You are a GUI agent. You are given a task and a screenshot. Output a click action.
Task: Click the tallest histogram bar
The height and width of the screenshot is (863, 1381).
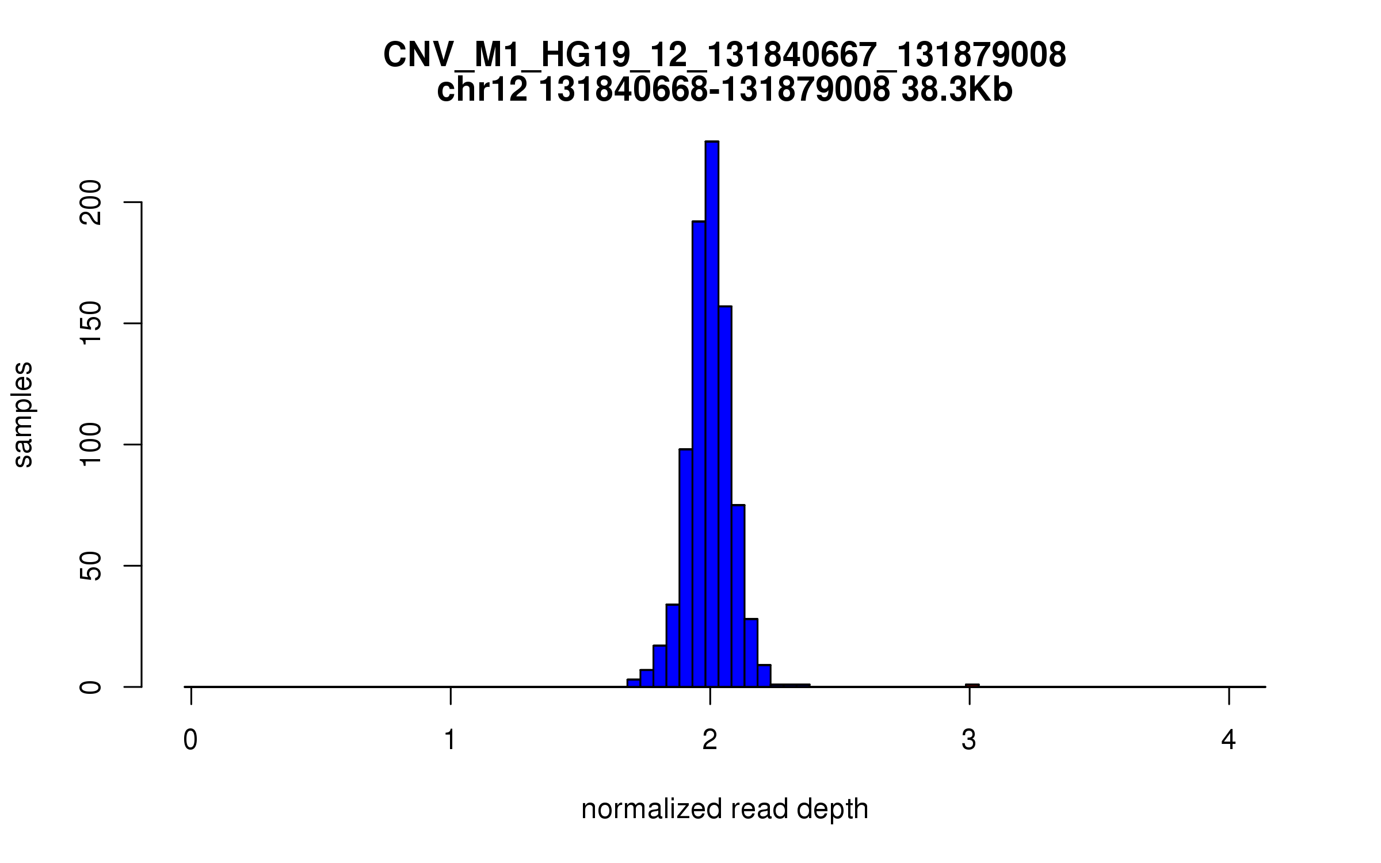(x=712, y=414)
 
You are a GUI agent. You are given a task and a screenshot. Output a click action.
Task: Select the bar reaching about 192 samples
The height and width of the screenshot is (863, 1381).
(x=699, y=455)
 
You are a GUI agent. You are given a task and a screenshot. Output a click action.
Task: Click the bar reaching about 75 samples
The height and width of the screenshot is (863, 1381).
(x=738, y=595)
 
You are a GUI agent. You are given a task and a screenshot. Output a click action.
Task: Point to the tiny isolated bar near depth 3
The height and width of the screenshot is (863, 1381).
(x=972, y=685)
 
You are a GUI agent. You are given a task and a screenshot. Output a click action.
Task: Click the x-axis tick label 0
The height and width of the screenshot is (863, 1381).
(x=190, y=740)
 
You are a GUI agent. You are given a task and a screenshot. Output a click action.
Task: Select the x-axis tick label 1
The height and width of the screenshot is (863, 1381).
(x=450, y=740)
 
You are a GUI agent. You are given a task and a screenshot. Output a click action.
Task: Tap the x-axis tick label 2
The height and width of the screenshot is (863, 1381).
(x=710, y=740)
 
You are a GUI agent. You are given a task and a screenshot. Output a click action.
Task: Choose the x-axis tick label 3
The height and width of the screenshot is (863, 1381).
(x=969, y=740)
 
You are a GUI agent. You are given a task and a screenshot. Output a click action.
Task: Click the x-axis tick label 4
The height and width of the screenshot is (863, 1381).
(x=1229, y=740)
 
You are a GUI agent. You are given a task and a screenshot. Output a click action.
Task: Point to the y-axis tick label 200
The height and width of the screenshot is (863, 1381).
(x=91, y=203)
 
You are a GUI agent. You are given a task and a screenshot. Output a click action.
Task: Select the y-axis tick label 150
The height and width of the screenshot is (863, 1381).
(x=91, y=323)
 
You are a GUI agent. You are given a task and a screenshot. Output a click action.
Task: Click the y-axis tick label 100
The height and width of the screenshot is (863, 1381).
(x=91, y=445)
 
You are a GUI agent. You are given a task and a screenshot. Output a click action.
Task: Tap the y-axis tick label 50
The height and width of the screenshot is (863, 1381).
(x=91, y=566)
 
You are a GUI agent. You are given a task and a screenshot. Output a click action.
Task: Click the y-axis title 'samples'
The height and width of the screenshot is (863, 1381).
(x=23, y=414)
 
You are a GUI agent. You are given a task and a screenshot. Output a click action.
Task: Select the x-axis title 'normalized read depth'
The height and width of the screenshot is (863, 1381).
(x=724, y=809)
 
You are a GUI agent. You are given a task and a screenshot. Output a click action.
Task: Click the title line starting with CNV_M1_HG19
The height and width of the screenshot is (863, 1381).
(x=724, y=56)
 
